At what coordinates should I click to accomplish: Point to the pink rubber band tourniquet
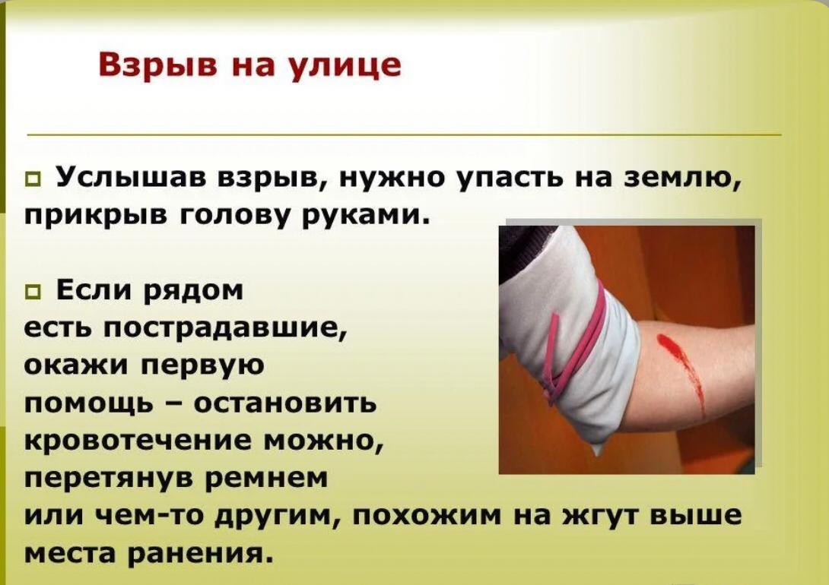pos(576,343)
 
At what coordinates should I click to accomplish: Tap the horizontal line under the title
pos(404,134)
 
